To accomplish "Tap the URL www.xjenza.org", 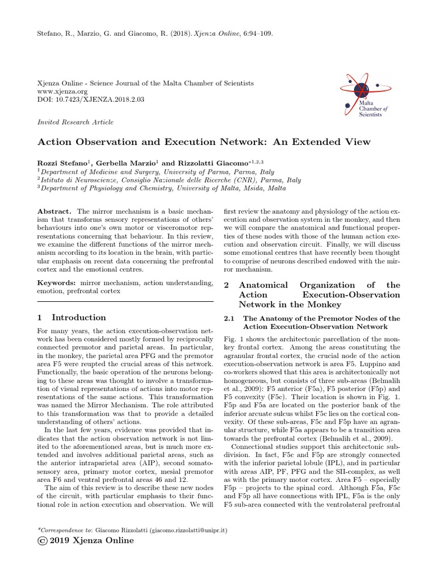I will tap(62, 91).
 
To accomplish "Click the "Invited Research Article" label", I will tap(75, 122).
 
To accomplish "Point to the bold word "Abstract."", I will tap(54, 210).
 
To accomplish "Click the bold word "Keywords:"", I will tap(56, 282).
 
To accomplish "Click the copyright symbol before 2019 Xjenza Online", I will tap(41, 541).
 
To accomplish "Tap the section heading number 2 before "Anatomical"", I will tap(227, 285).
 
